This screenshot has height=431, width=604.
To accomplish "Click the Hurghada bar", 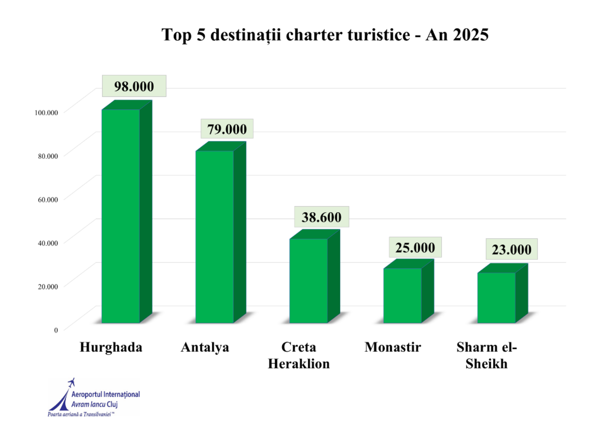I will (121, 216).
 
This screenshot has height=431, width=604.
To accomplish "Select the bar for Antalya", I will (215, 236).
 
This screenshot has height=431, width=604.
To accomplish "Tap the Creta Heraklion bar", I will (309, 280).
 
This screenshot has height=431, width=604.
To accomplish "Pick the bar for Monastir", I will (402, 296).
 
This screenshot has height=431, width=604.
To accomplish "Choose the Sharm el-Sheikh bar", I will (496, 298).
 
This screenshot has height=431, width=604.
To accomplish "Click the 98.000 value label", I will (134, 86).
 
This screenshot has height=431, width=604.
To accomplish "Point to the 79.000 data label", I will (227, 129).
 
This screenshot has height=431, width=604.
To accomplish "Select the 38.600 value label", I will (321, 217).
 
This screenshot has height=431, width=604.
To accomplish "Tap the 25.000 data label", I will (415, 248).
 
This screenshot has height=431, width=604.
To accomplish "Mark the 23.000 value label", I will (512, 250).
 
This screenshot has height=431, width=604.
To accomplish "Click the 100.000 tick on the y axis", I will (46, 113).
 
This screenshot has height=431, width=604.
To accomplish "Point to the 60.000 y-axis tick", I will (48, 200).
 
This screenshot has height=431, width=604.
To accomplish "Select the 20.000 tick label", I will (48, 286).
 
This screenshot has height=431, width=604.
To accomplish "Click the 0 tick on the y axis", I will (56, 330).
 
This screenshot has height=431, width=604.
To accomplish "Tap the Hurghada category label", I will (111, 347).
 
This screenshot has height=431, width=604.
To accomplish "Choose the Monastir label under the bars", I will (393, 347).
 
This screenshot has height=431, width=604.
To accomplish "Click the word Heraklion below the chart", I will (299, 364).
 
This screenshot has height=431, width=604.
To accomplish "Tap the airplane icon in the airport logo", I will (72, 382).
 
